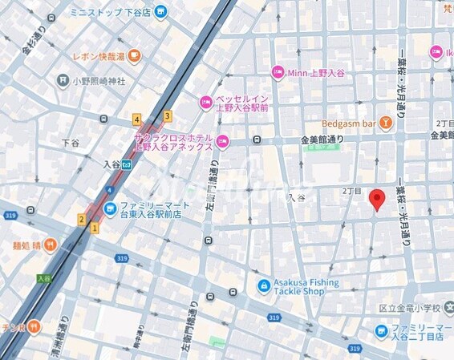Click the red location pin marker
tap(377, 200)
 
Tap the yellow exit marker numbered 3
tap(167, 115)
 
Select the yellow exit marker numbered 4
tap(137, 119)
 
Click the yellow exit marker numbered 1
tap(95, 228)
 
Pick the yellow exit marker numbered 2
tap(82, 219)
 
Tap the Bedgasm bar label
tap(348, 123)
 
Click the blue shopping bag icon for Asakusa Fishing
tap(263, 285)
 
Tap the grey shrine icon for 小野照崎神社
tap(63, 80)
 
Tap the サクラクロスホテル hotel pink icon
tap(223, 142)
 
